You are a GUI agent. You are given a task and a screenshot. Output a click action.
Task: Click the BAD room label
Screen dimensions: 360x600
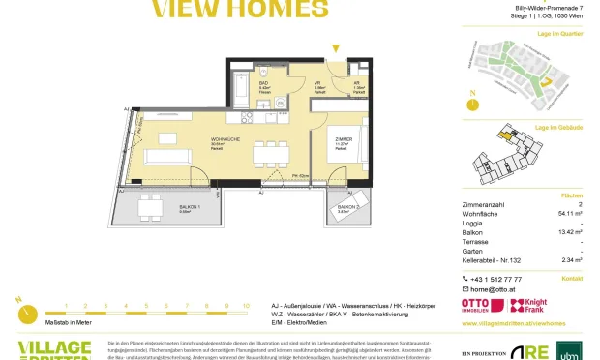coord(263,83)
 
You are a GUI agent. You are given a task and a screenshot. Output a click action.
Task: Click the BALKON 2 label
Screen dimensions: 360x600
coord(348,207)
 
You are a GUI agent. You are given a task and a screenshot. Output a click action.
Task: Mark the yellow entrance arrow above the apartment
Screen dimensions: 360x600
coord(336,47)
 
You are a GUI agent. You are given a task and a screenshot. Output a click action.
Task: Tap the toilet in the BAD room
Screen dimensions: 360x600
coord(263,72)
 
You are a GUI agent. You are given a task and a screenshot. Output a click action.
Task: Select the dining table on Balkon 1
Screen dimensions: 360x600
coord(150,205)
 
